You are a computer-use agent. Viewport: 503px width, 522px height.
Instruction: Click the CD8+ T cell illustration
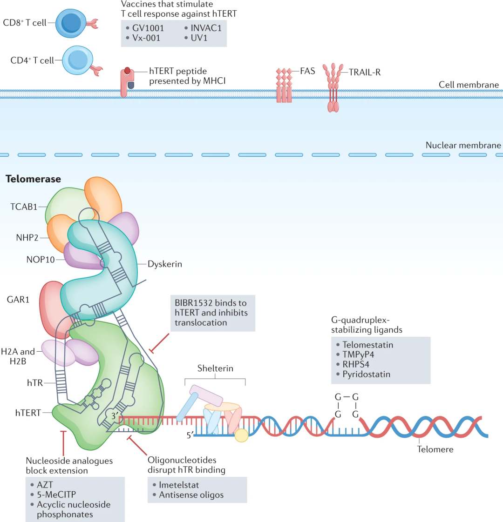(71, 23)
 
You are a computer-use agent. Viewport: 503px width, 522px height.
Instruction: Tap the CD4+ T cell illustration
(78, 60)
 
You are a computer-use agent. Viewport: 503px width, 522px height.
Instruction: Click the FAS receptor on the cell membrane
(284, 85)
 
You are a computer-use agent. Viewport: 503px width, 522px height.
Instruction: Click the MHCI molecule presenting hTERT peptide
(127, 82)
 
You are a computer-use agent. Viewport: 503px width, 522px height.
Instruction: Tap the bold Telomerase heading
(34, 179)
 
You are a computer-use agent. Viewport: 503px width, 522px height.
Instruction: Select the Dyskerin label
(165, 264)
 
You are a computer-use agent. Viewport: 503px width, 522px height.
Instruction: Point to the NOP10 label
(41, 260)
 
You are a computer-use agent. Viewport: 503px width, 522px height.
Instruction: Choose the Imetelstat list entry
(179, 485)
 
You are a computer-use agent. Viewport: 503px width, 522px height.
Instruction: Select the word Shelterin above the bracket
(215, 368)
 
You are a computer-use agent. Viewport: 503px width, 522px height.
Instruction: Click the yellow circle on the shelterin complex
(241, 435)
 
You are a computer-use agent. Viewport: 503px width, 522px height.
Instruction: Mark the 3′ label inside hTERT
(115, 416)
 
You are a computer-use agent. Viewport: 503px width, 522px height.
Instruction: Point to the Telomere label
(435, 449)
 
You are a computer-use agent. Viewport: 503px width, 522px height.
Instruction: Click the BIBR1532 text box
(213, 313)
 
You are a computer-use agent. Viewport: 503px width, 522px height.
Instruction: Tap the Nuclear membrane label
(463, 145)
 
